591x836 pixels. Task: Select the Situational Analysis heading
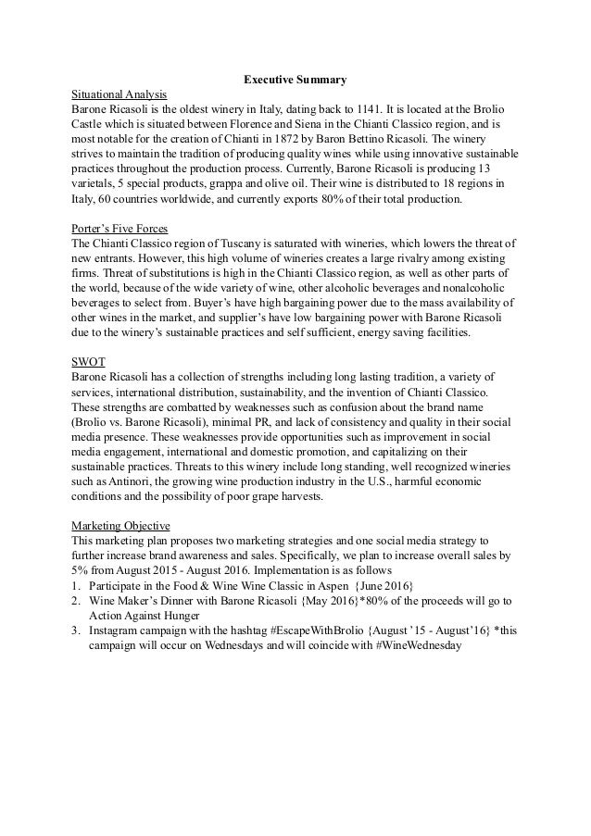[x=119, y=94]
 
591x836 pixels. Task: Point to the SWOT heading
[x=90, y=360]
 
